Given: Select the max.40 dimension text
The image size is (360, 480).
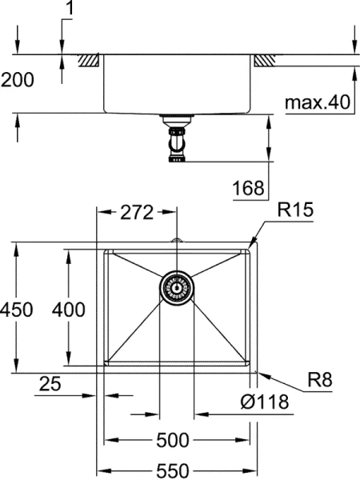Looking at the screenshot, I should (318, 103).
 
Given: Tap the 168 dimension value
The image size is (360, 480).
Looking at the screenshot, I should (248, 189).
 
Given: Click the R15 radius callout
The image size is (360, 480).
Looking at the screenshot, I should (294, 211).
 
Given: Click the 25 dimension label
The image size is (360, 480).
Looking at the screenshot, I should (50, 385).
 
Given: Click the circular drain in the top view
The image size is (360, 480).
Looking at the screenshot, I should (176, 286).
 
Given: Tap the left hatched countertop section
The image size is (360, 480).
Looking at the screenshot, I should (88, 60).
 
